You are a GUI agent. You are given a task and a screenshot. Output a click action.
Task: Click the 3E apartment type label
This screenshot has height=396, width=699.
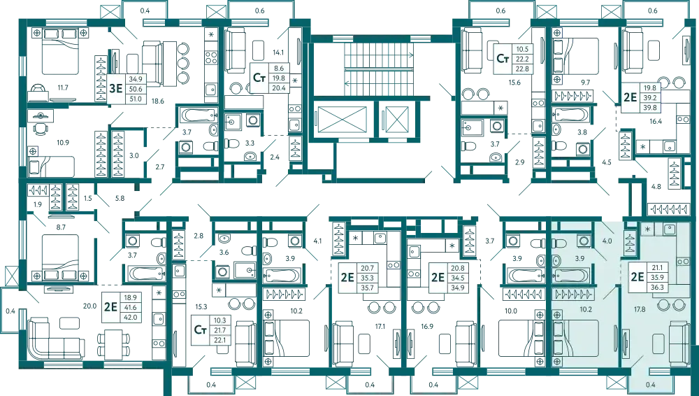coord(116,89)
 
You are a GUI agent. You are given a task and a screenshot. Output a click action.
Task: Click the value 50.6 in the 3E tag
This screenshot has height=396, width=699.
coord(136,89)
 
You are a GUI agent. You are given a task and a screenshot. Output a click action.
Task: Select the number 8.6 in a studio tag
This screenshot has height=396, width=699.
coord(280,68)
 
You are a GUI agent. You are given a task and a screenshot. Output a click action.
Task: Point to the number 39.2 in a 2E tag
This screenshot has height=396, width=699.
coord(650,98)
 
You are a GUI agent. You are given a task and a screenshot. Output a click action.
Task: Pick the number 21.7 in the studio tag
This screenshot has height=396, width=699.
coord(221,330)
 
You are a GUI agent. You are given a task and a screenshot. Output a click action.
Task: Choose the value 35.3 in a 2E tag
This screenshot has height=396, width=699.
coord(368,277)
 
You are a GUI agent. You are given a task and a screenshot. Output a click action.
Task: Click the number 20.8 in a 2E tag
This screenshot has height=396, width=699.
coord(458,267)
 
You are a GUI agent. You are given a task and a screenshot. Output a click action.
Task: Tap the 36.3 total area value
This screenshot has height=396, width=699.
coord(658,287)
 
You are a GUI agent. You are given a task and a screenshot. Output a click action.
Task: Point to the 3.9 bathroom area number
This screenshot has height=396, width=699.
coord(580,259)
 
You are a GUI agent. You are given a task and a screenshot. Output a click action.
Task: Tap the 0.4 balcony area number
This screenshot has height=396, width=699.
coord(651,385)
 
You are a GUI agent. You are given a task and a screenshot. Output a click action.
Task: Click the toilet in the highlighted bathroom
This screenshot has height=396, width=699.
coord(559,243)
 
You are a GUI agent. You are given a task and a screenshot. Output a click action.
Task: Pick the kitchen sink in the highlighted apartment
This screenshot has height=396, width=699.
coord(670,229)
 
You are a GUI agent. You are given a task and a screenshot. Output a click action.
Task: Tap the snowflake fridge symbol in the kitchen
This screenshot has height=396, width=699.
coord(648,229)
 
